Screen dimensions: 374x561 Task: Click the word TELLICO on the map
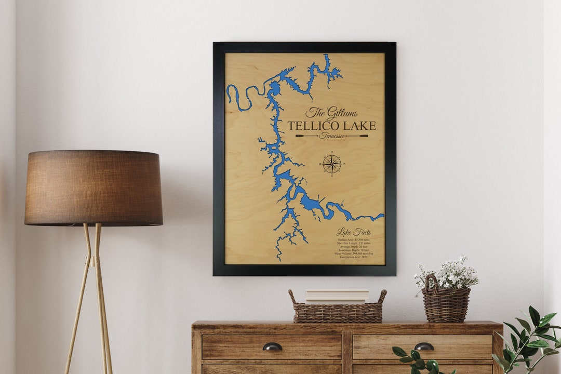coord(314,126)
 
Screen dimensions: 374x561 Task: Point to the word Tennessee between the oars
coord(332,136)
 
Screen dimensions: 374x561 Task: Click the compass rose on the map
coord(331,164)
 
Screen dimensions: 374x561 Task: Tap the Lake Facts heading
coord(353,232)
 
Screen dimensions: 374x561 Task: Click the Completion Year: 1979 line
coord(353,257)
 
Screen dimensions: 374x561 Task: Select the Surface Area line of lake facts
coord(353,239)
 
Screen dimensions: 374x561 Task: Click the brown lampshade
coord(94,188)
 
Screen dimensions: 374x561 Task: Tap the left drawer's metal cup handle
coord(272,346)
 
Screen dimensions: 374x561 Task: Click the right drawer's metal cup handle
coord(424,346)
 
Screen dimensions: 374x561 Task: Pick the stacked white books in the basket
coord(337,297)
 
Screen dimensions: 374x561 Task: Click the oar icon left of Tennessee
coord(307,136)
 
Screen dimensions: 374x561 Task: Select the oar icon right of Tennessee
coord(357,136)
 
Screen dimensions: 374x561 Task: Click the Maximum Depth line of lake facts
coord(353,250)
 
